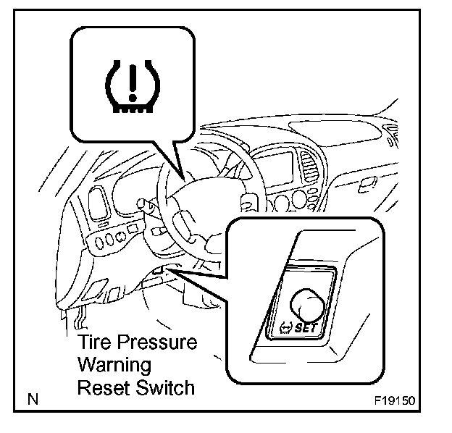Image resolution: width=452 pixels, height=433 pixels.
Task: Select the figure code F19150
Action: [x=398, y=400]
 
